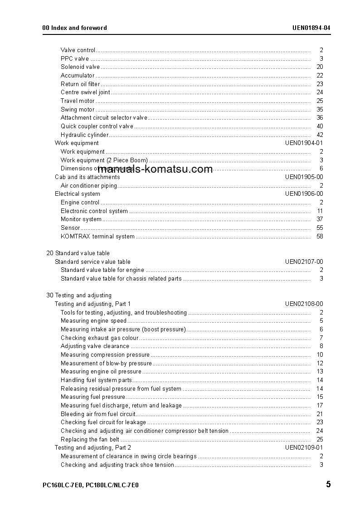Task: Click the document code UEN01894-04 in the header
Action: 311,28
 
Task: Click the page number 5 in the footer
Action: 328,485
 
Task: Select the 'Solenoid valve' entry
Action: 80,67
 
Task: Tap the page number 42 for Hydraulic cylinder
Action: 320,135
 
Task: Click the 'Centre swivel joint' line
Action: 85,92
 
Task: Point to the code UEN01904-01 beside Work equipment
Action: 304,143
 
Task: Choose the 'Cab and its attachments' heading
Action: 87,177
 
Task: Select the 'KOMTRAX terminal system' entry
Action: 97,236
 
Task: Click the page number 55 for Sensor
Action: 320,228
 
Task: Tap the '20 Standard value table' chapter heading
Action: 78,253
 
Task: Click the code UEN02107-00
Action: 304,262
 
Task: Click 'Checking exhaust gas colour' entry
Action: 99,338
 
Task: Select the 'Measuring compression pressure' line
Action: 105,355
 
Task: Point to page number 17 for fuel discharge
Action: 320,406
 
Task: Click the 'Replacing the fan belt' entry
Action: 90,439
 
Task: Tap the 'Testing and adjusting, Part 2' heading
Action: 92,448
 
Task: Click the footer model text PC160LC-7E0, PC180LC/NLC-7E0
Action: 90,485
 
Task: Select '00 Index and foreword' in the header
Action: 74,28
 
